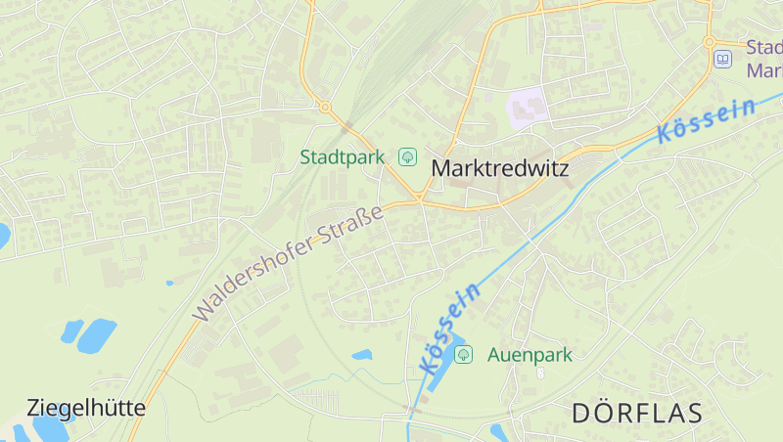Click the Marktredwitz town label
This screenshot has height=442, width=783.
[499, 168]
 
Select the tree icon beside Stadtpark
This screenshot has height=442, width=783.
[407, 156]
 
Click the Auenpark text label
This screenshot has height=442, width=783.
[530, 354]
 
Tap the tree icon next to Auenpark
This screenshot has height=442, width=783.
[463, 354]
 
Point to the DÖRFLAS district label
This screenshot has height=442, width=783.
[636, 413]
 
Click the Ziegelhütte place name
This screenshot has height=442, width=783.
[86, 408]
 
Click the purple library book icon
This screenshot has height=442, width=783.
[722, 60]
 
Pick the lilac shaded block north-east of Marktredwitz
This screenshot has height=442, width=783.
[527, 106]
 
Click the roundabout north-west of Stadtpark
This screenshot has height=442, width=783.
[325, 107]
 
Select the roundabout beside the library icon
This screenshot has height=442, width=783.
[709, 42]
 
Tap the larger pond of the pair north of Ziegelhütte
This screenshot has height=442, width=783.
[96, 335]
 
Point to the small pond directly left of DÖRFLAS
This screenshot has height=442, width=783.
[497, 430]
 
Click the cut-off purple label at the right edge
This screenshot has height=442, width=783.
[764, 59]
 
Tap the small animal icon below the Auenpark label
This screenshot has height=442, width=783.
[541, 373]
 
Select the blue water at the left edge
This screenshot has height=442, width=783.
[3, 236]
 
